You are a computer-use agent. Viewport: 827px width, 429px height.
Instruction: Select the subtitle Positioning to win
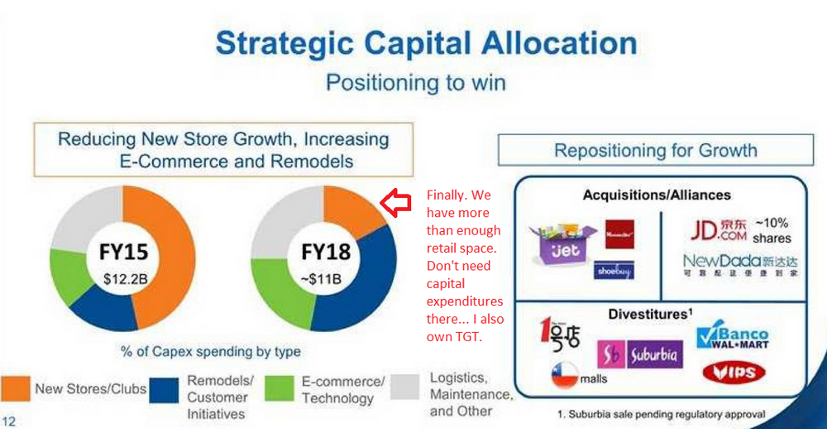tap(415, 83)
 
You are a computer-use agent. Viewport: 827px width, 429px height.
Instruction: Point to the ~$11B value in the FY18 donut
tap(325, 278)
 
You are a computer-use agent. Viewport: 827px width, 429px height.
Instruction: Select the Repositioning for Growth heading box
tap(655, 150)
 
